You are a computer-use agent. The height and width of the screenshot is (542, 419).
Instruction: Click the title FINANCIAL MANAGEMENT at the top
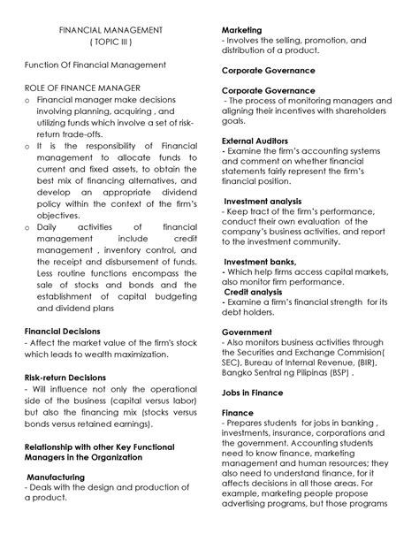[x=110, y=30]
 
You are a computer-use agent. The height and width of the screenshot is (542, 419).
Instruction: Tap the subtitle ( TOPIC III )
[x=110, y=42]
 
